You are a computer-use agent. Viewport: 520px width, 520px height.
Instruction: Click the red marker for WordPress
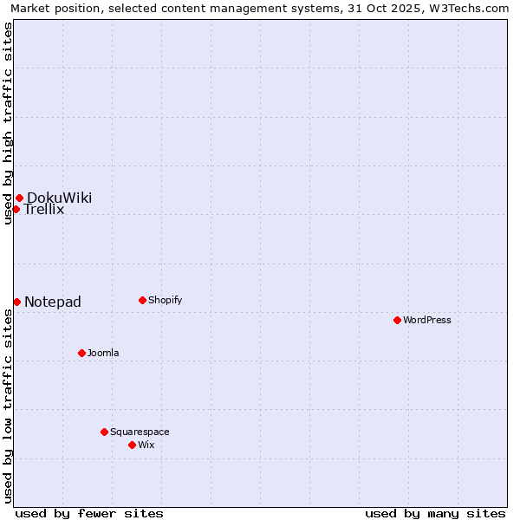(397, 320)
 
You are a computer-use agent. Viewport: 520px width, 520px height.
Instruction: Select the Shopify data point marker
(142, 300)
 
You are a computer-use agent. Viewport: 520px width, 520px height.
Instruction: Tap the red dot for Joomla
(81, 353)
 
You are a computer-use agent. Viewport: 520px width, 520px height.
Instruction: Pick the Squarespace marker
(104, 432)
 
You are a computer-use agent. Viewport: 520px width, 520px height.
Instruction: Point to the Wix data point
(132, 445)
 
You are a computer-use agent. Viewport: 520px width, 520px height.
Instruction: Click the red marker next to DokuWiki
(19, 198)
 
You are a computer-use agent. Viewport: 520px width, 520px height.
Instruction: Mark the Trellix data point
(16, 209)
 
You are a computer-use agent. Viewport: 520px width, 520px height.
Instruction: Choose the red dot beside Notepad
(16, 302)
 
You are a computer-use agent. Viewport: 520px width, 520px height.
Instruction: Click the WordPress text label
(427, 320)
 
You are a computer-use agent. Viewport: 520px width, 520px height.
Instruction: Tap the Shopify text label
(165, 300)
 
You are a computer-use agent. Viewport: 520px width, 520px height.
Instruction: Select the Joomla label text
(103, 353)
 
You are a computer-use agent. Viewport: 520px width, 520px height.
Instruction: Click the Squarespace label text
(140, 432)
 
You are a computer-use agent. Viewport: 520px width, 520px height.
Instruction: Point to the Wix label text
(146, 445)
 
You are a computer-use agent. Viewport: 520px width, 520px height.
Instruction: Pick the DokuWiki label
(59, 198)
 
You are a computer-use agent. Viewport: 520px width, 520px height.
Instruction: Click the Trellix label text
(44, 210)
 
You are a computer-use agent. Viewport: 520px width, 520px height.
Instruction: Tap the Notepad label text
(53, 302)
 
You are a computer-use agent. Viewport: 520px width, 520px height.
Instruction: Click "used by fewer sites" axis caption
(89, 513)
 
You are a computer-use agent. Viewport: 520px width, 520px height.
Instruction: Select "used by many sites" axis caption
(435, 513)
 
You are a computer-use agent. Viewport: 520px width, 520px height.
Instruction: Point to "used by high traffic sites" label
(8, 123)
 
